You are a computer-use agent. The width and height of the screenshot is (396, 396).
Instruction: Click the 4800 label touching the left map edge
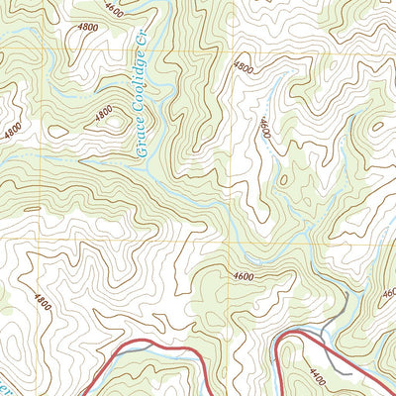(10, 129)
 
